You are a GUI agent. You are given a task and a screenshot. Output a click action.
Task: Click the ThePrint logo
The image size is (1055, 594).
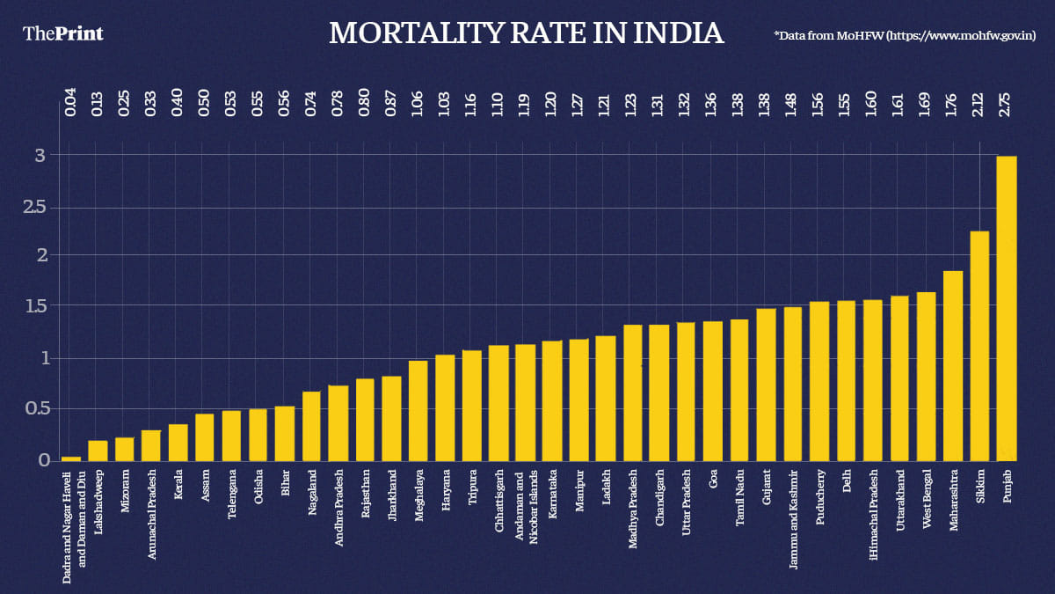[x=62, y=33]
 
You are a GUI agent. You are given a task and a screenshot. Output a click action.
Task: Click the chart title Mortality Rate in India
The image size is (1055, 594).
[x=526, y=33]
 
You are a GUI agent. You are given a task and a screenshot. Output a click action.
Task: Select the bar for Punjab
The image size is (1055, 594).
[x=1006, y=308]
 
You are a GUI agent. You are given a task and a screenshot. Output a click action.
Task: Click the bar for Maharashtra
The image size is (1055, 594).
[x=953, y=365]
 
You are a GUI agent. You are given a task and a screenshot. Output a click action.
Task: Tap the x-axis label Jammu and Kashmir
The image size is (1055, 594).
[x=793, y=520]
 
